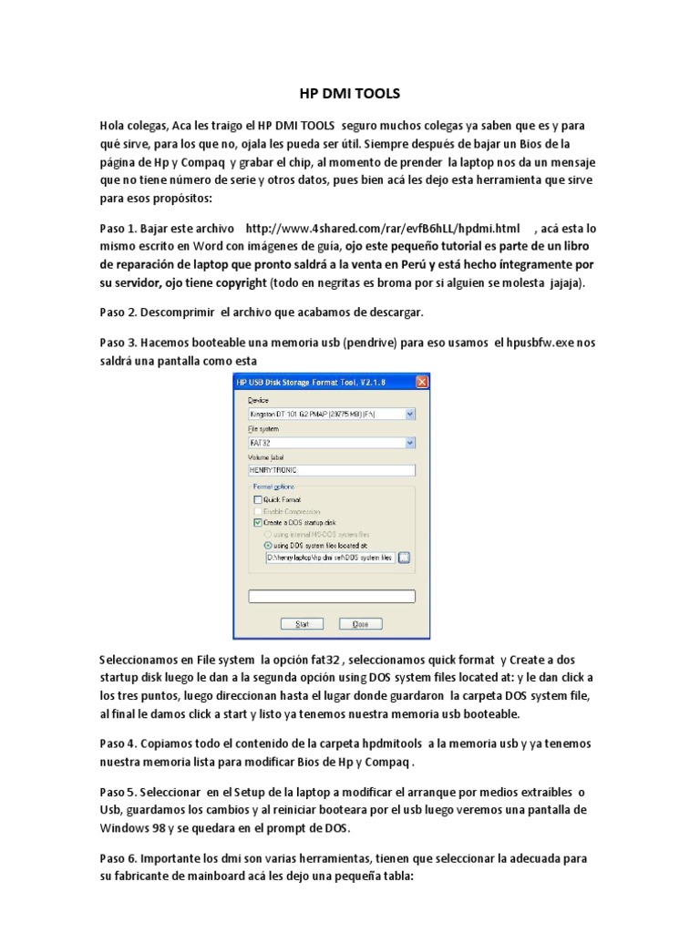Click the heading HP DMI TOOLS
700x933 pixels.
(349, 93)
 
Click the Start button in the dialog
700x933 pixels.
(303, 624)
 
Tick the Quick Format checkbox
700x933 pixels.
(257, 499)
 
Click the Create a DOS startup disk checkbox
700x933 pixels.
(257, 523)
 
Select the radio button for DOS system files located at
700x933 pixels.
(268, 545)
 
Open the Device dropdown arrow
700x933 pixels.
(409, 414)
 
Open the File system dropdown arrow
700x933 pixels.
(409, 443)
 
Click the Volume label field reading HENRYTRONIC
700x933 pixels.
(331, 470)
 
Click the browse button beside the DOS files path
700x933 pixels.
(405, 557)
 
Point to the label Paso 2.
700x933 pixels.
(119, 312)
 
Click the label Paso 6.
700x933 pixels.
(119, 858)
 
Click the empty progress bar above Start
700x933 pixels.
(331, 597)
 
